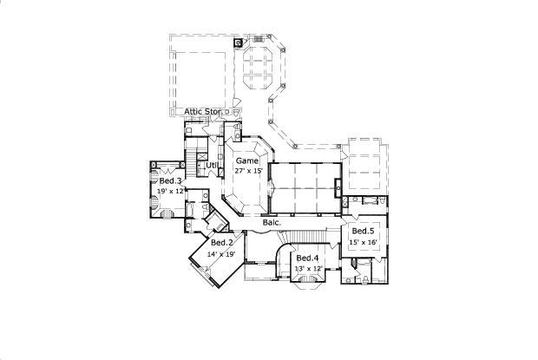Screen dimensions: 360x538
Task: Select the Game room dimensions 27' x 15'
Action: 248,172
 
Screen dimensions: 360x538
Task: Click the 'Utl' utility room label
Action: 211,165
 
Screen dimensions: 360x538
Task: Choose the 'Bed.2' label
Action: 221,242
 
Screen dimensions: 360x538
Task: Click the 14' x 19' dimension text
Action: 221,254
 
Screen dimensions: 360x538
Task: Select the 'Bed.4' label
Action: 307,259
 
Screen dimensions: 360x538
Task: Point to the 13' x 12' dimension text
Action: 308,269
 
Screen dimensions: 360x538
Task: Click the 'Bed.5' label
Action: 363,232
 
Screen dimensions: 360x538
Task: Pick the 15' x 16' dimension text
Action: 364,244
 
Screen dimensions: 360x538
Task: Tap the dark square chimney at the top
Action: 239,43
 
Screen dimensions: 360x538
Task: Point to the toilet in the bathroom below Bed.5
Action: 366,279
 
